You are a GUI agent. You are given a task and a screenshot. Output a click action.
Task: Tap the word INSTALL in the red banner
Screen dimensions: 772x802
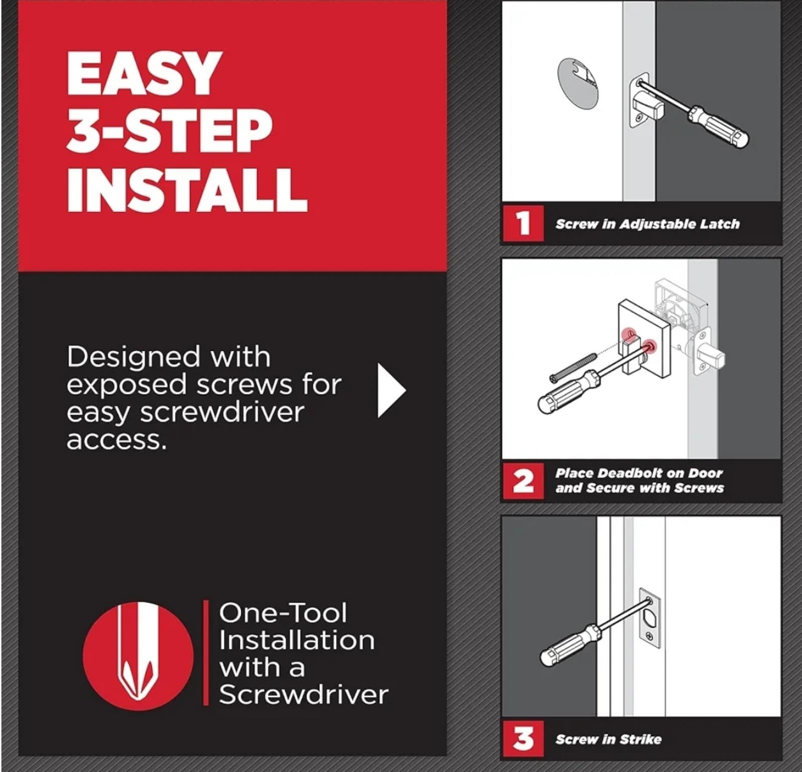coord(186,190)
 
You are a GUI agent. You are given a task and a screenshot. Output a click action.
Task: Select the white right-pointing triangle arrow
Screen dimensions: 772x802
coord(390,391)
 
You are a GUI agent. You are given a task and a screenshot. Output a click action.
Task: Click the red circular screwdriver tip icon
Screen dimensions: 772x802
coord(138,656)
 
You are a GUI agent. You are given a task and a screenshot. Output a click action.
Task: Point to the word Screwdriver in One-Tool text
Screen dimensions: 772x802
coord(303,695)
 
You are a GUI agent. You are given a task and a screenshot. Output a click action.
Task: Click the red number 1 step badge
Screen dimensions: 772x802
coord(523,223)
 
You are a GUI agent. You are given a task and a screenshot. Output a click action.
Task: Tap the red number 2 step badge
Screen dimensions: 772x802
coord(523,481)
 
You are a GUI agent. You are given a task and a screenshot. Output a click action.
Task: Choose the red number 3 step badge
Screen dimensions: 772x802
coord(523,739)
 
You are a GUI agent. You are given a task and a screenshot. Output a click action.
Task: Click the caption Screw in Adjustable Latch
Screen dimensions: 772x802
coord(647,224)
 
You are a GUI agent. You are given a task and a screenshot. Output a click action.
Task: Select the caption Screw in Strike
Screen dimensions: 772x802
coord(608,739)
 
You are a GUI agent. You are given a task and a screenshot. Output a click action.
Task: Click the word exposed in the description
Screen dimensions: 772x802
coord(127,385)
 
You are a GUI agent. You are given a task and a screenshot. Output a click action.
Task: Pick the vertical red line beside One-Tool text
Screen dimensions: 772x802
coord(206,653)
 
